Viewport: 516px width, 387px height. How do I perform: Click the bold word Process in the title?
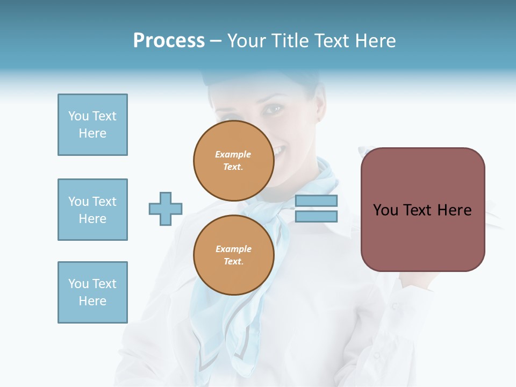[x=169, y=41]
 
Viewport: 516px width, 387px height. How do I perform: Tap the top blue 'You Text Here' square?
[x=92, y=125]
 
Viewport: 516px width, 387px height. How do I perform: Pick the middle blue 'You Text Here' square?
[x=92, y=210]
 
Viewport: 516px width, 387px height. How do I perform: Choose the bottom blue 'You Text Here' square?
[x=92, y=292]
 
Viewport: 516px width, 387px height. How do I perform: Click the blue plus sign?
[x=166, y=209]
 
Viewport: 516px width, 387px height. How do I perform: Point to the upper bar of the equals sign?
[x=316, y=200]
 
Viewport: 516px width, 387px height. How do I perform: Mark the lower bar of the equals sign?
[x=316, y=216]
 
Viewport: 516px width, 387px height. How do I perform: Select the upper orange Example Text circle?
[x=233, y=161]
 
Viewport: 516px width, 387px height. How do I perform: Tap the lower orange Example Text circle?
[x=233, y=255]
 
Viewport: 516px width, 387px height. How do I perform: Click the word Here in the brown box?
[x=454, y=210]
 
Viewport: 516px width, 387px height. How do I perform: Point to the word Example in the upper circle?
[x=233, y=154]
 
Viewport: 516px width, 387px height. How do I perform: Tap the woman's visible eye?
[x=273, y=110]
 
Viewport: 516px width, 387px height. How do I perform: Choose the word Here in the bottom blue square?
[x=92, y=301]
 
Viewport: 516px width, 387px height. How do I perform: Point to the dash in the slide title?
[x=216, y=41]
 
